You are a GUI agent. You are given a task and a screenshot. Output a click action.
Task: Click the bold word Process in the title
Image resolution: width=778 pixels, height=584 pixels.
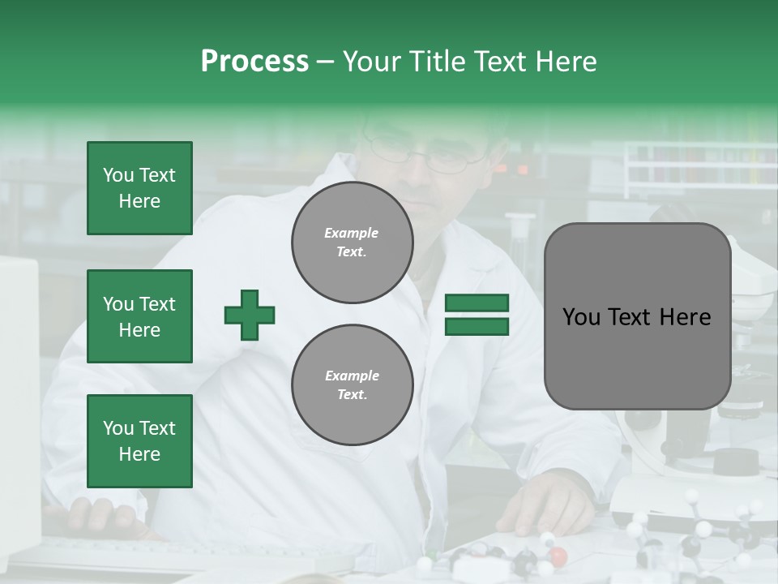click(254, 61)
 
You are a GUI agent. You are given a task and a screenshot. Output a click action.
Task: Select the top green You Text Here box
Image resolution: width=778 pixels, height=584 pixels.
click(139, 188)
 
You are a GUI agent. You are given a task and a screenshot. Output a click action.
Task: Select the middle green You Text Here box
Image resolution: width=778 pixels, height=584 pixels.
click(139, 316)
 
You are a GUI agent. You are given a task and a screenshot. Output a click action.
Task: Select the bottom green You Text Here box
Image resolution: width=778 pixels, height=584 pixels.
click(139, 440)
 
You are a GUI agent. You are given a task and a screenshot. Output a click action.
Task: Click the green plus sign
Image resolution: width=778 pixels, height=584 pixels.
click(250, 315)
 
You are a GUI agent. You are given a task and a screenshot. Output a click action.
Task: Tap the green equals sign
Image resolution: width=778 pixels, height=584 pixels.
click(477, 315)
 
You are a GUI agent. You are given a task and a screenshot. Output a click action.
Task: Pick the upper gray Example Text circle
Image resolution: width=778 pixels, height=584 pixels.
click(352, 243)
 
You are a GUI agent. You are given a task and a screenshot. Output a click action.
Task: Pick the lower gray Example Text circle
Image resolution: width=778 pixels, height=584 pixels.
click(352, 384)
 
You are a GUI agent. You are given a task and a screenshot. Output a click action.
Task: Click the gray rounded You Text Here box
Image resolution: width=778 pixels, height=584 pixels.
click(637, 316)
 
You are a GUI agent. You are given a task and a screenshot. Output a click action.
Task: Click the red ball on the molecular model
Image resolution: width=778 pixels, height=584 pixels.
click(558, 556)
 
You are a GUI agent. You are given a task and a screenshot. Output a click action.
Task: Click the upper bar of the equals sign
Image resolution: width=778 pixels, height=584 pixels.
click(477, 303)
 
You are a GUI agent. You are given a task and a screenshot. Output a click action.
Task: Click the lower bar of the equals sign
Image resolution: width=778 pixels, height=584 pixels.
click(477, 326)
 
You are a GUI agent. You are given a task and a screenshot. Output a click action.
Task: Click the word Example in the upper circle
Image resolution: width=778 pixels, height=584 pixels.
click(352, 233)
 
